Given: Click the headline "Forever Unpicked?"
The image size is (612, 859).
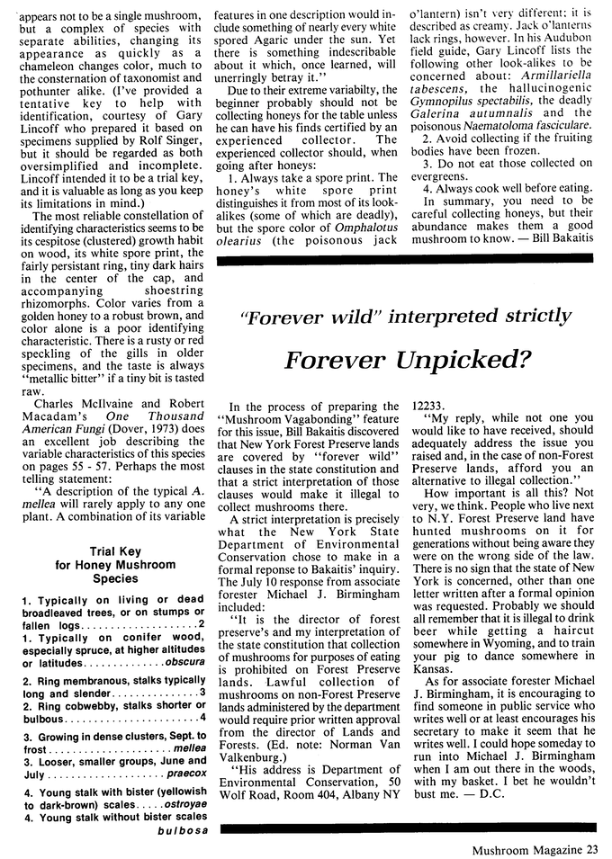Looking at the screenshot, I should point(406,360).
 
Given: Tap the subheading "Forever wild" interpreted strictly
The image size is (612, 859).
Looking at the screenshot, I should point(406,316).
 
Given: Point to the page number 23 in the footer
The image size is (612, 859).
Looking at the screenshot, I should point(591,846).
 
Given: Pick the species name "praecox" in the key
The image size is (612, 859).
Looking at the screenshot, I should point(186,773).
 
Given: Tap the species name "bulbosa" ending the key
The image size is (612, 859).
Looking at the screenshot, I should point(182,830).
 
